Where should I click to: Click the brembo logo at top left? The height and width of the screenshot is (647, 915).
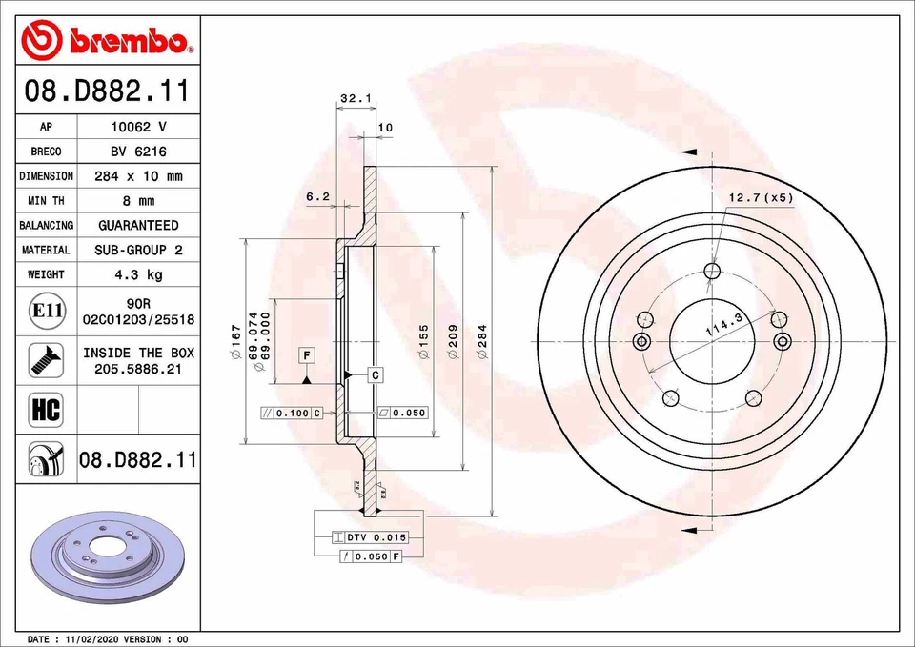(107, 39)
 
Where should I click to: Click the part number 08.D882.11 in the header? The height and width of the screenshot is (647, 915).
(107, 92)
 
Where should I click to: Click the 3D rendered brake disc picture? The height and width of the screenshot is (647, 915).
(108, 557)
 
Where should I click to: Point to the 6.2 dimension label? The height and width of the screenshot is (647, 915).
(317, 196)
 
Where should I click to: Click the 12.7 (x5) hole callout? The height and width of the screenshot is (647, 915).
(761, 197)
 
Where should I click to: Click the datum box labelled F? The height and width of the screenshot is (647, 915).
(307, 355)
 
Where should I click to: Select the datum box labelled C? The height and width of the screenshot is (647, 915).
(376, 375)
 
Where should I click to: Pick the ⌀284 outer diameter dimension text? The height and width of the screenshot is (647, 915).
(483, 341)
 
